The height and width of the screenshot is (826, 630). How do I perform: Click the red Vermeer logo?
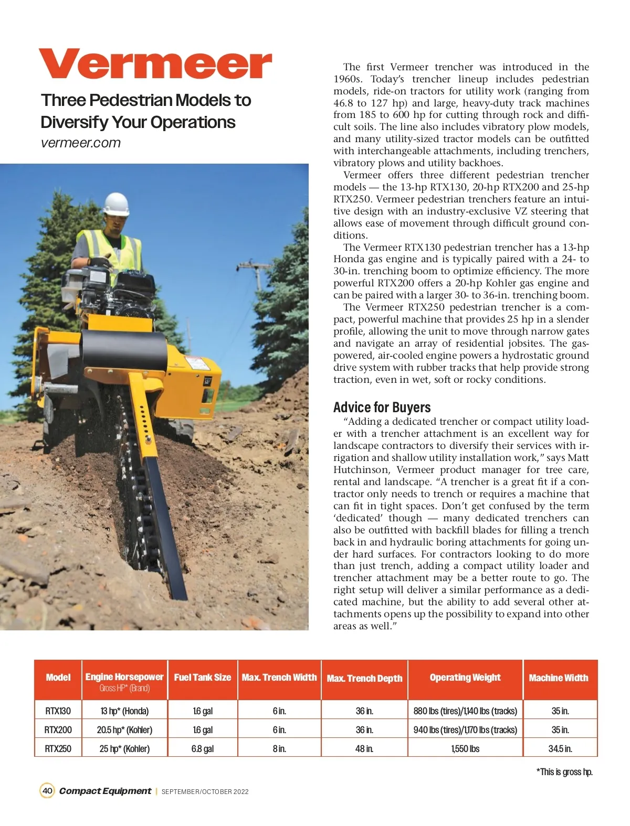155,64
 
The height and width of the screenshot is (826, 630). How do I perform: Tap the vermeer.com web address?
81,143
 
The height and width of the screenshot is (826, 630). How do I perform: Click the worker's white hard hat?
115,204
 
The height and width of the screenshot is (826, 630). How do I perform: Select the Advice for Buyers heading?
382,407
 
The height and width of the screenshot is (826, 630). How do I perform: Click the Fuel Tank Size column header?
203,678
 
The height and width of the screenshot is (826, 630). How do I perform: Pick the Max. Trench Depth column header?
364,679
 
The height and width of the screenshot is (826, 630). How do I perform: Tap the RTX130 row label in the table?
58,711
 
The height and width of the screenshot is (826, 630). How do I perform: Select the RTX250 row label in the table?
58,749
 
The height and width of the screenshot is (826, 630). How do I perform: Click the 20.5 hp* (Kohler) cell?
124,730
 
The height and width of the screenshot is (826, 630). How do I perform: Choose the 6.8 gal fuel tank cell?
203,749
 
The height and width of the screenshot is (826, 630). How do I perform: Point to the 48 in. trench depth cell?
364,749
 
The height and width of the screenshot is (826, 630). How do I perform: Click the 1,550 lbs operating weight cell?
465,749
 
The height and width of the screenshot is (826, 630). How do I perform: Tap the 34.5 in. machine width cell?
560,749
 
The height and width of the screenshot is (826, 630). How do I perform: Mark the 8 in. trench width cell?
279,749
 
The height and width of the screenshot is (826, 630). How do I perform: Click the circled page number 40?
47,791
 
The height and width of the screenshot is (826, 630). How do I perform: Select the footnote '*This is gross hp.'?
564,772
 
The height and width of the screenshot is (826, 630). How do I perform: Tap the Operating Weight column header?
465,678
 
